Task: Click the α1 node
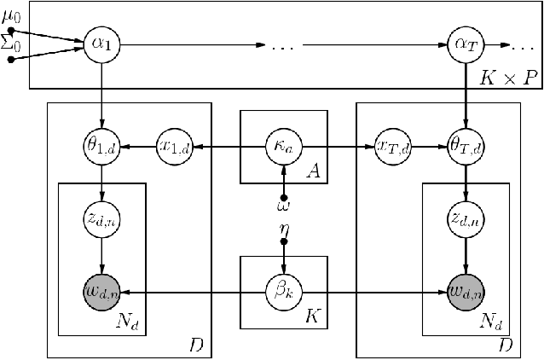pos(101,44)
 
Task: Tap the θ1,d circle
pos(101,148)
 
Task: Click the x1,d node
pos(173,148)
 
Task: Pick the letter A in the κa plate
pos(313,172)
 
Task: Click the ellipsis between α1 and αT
pos(282,45)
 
